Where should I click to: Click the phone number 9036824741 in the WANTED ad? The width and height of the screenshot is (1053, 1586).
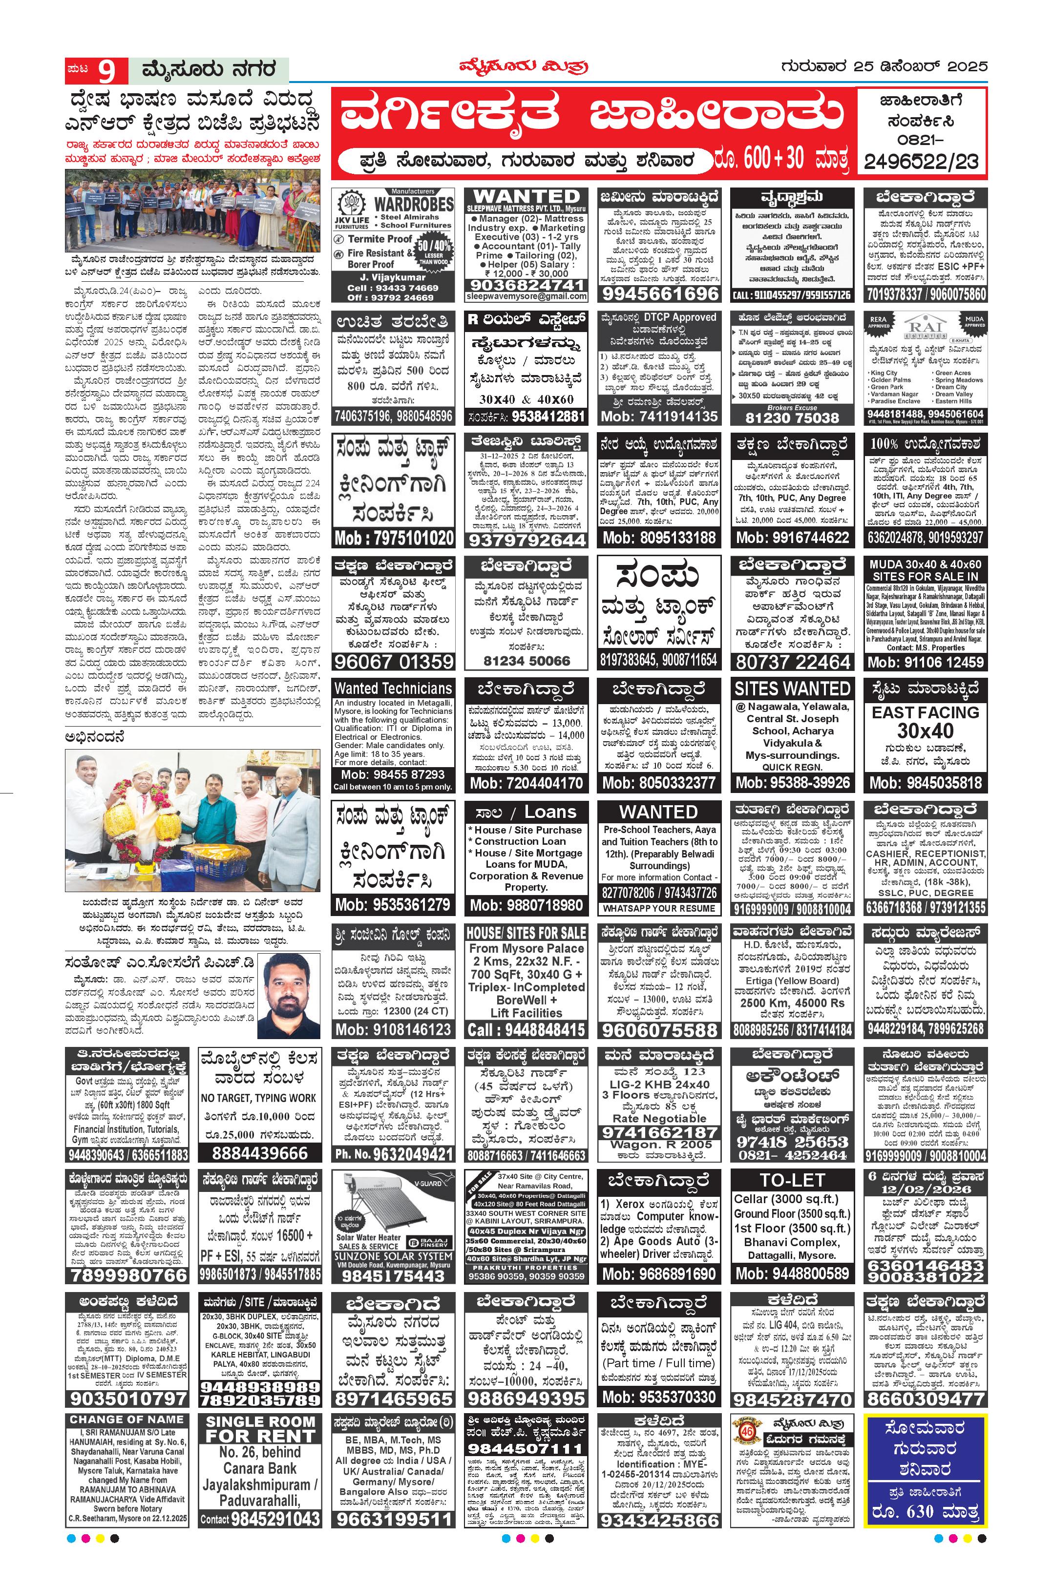(526, 285)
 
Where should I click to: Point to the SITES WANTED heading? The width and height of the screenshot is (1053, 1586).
(792, 689)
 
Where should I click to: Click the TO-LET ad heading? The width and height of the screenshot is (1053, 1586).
(792, 1180)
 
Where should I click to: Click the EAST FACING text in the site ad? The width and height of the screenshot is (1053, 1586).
(926, 712)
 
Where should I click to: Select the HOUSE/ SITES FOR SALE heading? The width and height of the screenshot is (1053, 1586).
(526, 933)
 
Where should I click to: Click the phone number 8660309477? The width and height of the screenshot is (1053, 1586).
(926, 1398)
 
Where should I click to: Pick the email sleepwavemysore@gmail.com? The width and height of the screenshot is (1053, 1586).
(526, 296)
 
